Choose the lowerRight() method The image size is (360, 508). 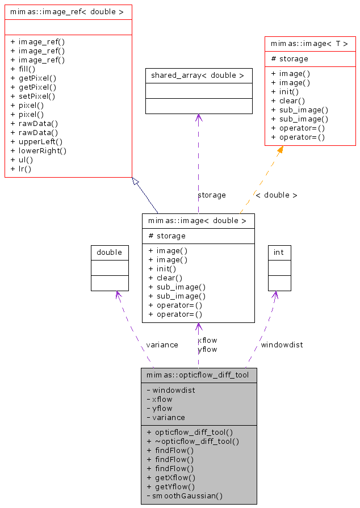38,150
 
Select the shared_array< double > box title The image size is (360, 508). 198,75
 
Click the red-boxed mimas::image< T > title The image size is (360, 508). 309,44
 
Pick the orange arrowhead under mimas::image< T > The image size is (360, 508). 280,150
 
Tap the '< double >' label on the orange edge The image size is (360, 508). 276,195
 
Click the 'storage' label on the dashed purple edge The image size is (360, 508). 211,195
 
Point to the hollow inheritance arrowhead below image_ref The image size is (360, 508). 135,181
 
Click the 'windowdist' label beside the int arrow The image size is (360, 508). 282,345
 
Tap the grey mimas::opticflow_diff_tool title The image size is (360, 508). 198,375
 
